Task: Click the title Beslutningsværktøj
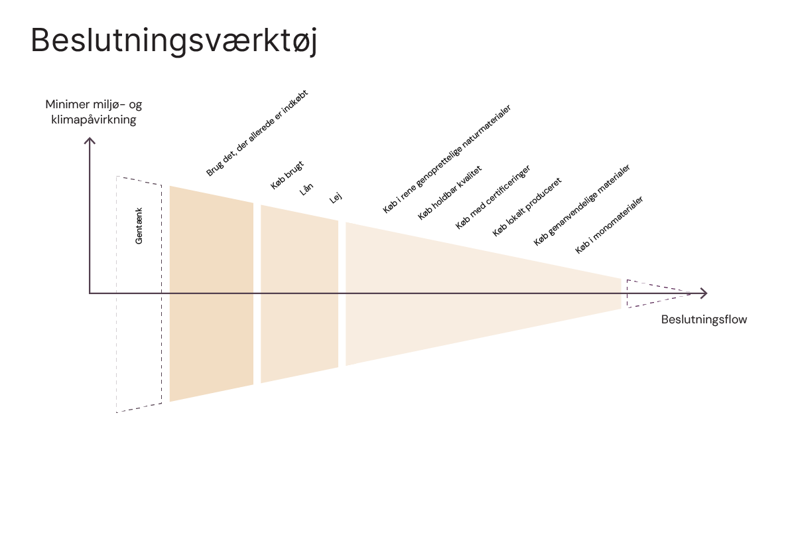click(174, 41)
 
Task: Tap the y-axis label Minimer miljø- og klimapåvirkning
click(94, 112)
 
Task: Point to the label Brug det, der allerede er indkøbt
click(257, 133)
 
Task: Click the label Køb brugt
click(287, 175)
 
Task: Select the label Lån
click(306, 189)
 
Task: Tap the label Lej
click(336, 197)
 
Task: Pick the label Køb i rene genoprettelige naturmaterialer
click(446, 159)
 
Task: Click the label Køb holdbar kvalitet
click(449, 193)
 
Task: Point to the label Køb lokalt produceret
click(527, 206)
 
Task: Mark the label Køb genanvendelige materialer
click(582, 205)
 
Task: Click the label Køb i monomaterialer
click(609, 224)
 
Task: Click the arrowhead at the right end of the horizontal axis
click(704, 293)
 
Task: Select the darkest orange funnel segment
click(212, 293)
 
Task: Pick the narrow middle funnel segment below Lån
click(299, 293)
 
